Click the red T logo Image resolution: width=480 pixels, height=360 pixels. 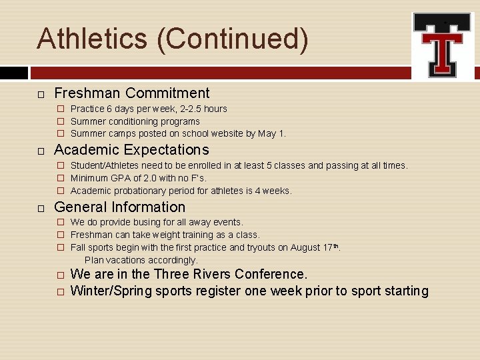443,45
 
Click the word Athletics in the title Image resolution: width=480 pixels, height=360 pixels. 92,39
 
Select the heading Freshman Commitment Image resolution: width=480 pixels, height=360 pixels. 131,93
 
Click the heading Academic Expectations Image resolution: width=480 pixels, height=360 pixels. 131,150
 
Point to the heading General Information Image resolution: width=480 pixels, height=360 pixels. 119,207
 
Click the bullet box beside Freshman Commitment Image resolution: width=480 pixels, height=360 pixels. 41,94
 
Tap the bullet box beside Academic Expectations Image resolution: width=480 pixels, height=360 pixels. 41,151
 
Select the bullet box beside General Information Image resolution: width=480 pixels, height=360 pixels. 41,208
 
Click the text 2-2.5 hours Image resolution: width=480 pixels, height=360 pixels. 201,109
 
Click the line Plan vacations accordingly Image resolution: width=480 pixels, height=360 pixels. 141,260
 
